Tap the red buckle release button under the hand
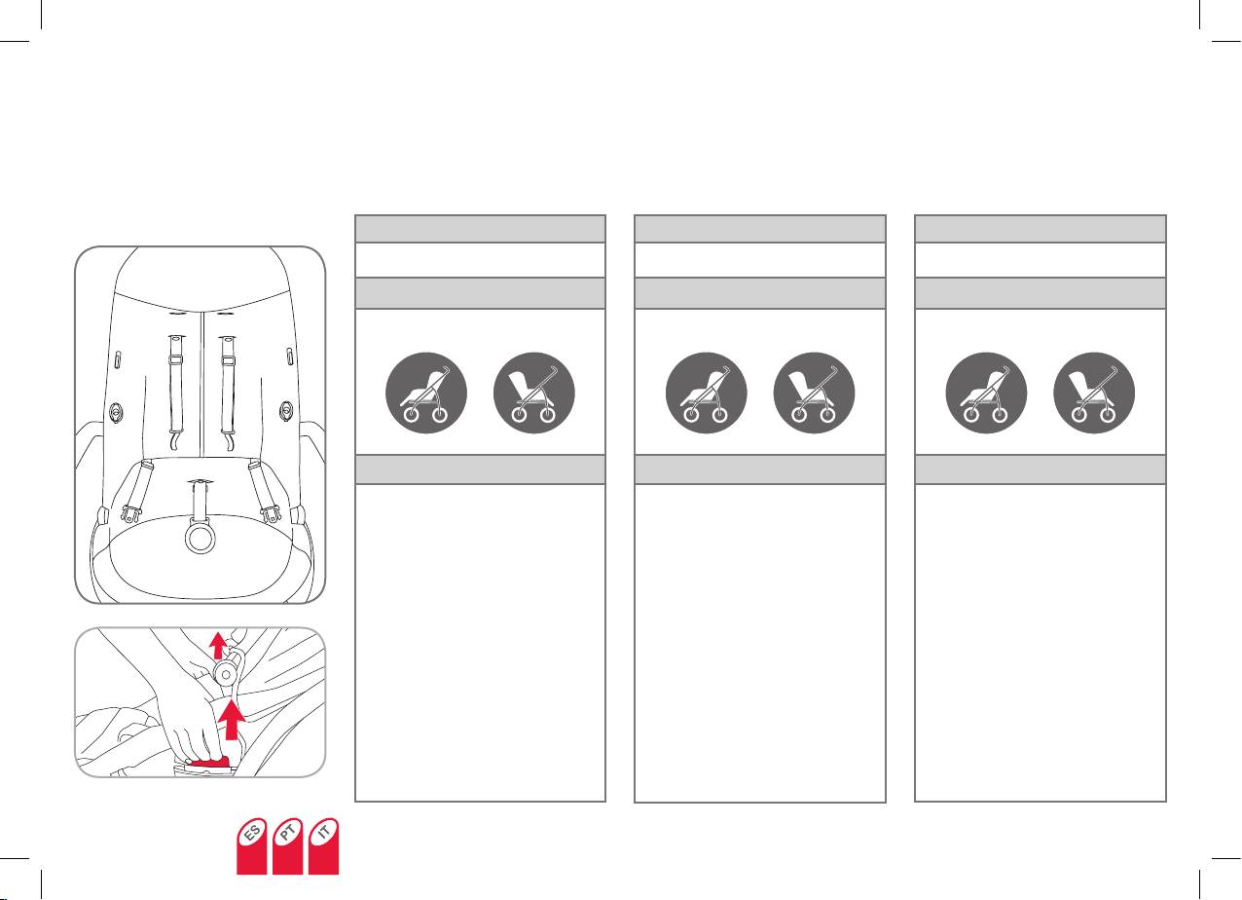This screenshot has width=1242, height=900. coord(212,759)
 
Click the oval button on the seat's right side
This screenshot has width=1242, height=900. coord(287,410)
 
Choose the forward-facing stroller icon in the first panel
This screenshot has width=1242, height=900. coord(426,393)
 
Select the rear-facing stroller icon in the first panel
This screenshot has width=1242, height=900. coord(534,393)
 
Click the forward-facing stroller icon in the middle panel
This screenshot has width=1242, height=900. coord(706,393)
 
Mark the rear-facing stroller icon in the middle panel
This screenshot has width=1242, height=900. coord(814,393)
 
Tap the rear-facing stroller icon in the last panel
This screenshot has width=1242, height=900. coord(1094,393)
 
